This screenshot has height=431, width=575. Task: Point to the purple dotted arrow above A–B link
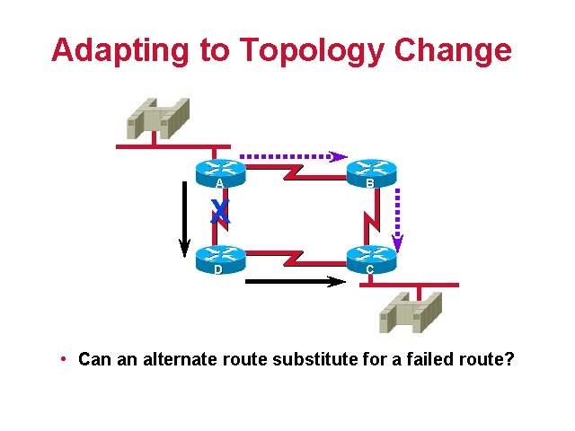coord(292,155)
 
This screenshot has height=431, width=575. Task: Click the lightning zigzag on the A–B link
coord(295,172)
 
